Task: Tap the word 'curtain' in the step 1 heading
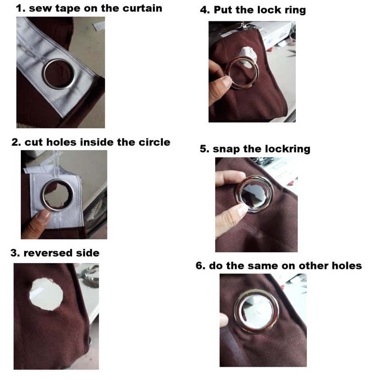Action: (142, 8)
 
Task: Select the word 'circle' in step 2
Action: (154, 142)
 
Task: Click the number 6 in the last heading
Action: (199, 266)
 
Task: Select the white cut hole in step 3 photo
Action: (46, 294)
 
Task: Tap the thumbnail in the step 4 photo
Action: (227, 82)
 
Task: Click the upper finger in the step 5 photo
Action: (229, 178)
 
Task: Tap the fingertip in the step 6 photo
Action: (224, 319)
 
